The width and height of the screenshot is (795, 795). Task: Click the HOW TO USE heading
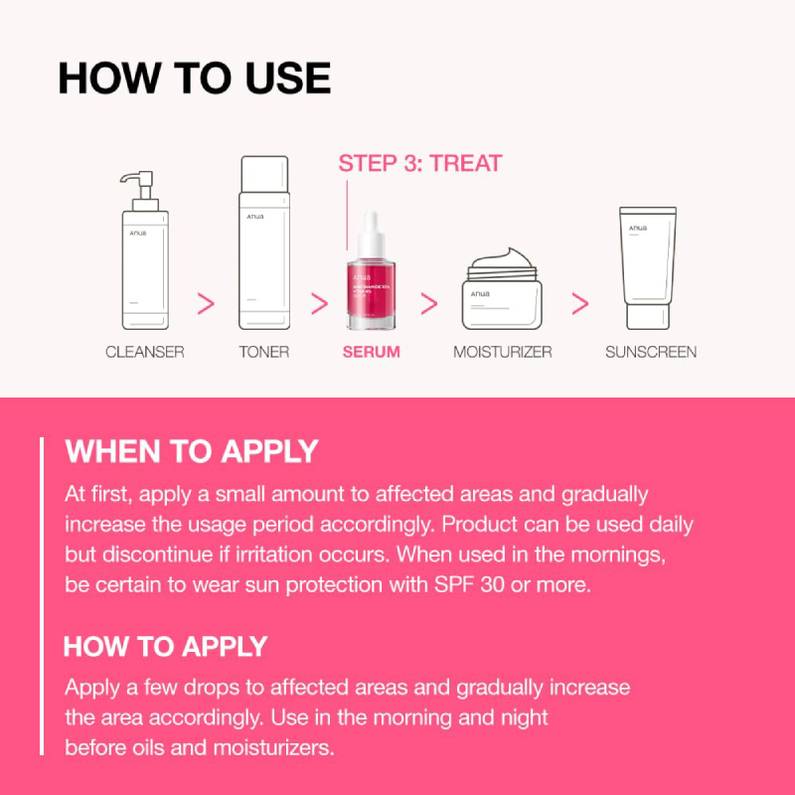point(194,79)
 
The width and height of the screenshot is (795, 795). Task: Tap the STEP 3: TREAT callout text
point(420,163)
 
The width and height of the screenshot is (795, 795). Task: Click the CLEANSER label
point(145,352)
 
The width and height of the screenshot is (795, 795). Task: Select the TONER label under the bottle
point(263,352)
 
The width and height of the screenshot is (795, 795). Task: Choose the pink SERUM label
point(371,352)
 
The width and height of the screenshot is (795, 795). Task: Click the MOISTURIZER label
point(503,352)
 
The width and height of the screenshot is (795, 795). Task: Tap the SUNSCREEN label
point(651,352)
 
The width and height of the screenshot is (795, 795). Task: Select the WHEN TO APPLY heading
point(192,451)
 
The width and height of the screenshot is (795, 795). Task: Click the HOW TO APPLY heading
point(166,646)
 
